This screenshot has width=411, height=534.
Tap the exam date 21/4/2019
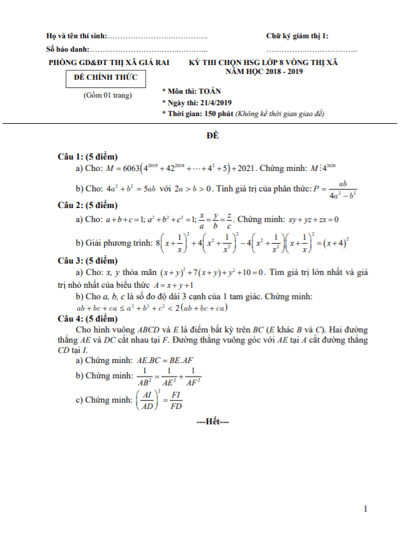tap(218, 102)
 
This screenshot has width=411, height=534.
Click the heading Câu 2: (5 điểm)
tap(87, 205)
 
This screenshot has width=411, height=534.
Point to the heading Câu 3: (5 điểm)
tap(87, 261)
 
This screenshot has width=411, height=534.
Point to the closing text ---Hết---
tap(213, 422)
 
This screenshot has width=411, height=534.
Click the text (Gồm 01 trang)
tap(107, 95)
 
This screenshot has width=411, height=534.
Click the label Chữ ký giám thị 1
tap(297, 36)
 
